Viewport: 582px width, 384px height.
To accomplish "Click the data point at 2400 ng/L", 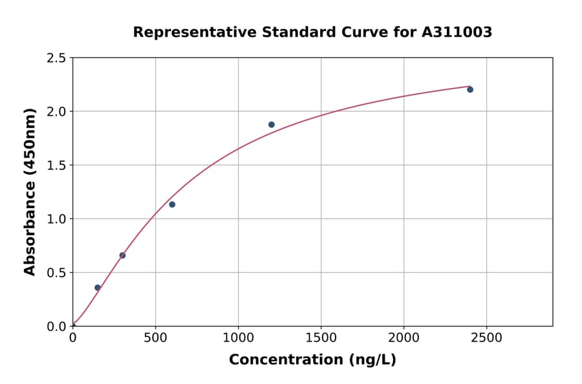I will (x=470, y=89).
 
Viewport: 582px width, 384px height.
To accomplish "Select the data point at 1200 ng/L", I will (x=272, y=125).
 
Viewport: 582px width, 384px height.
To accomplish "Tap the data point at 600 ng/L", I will (x=172, y=204).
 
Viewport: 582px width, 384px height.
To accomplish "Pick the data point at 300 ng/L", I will (x=122, y=255).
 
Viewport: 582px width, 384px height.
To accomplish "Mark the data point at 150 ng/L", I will (x=98, y=288).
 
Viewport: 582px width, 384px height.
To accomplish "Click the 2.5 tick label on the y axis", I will (x=57, y=58).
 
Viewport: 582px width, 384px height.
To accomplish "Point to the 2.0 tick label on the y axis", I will (x=57, y=112).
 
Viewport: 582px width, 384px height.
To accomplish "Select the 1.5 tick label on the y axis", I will (x=57, y=165).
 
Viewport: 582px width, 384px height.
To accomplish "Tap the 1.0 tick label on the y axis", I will (x=57, y=219).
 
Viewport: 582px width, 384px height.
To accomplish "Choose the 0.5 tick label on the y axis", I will (x=57, y=273).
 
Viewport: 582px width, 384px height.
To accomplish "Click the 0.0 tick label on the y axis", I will (x=57, y=326).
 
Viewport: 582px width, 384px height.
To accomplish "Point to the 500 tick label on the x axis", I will (x=155, y=338).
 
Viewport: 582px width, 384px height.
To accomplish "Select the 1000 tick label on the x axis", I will (x=238, y=338).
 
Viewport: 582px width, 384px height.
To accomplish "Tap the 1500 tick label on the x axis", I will (x=321, y=338).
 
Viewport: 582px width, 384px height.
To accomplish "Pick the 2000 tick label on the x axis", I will (x=404, y=338).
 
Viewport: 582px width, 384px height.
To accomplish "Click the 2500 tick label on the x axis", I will (x=487, y=338).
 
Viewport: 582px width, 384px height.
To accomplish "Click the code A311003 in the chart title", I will (x=457, y=32).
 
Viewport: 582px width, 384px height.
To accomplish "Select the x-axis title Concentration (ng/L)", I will (x=312, y=360).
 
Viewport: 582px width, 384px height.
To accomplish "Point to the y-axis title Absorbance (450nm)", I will (x=30, y=192).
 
